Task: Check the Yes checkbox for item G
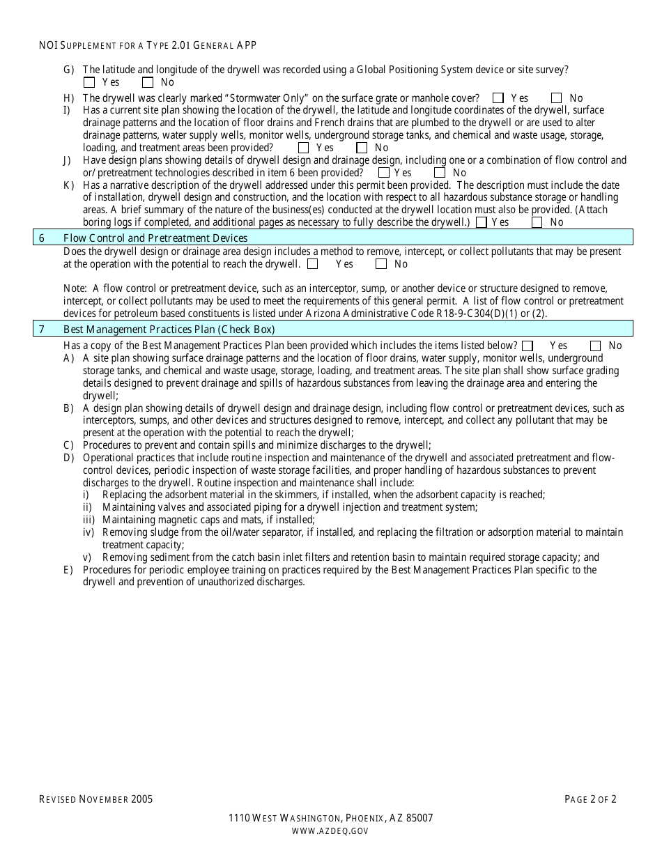(88, 82)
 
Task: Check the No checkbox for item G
(148, 82)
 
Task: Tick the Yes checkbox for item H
(498, 98)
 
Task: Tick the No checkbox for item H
(557, 98)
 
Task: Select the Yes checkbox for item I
(303, 148)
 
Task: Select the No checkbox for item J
(440, 173)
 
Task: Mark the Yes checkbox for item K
(481, 222)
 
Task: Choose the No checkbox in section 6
(381, 264)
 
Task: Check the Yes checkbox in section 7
(528, 346)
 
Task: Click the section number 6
(42, 238)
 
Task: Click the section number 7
(42, 330)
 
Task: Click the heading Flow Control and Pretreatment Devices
(155, 238)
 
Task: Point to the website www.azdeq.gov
(330, 831)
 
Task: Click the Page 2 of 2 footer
(590, 799)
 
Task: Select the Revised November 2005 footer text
(95, 799)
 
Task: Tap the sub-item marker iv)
(88, 532)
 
